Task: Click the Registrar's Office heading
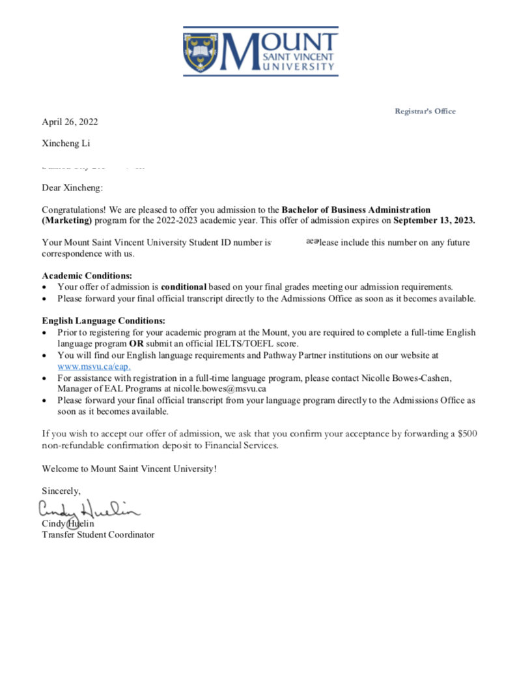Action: pyautogui.click(x=425, y=111)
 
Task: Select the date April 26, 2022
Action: pyautogui.click(x=70, y=121)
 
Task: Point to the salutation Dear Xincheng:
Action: pyautogui.click(x=72, y=188)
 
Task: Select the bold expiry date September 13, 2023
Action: pyautogui.click(x=434, y=220)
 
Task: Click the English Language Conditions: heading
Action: pyautogui.click(x=104, y=321)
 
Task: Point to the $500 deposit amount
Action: pyautogui.click(x=467, y=434)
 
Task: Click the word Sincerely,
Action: pyautogui.click(x=61, y=490)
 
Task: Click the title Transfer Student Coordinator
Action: pyautogui.click(x=98, y=535)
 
